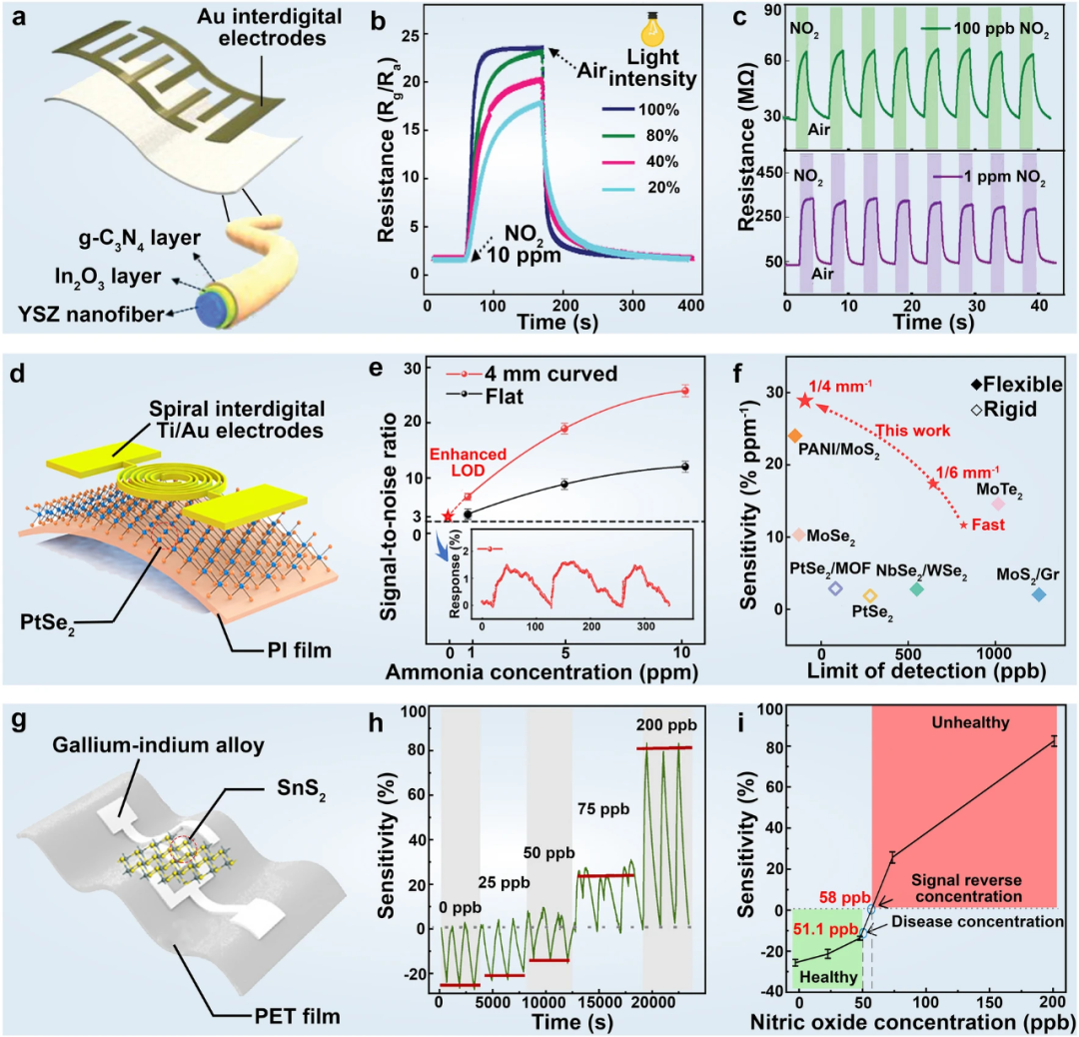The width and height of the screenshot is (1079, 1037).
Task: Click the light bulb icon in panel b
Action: pos(652,29)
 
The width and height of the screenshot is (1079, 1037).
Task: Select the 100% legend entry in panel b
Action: pos(640,110)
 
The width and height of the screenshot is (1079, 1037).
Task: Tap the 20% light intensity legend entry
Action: pos(640,187)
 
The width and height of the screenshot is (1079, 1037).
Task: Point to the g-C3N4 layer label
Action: pos(139,239)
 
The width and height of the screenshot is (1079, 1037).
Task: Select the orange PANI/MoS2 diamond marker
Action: pos(795,436)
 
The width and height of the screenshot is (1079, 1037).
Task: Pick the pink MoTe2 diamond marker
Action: pos(998,504)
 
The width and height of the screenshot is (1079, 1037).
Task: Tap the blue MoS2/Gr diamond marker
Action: pos(1039,593)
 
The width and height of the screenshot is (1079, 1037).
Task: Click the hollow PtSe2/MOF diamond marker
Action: pos(835,588)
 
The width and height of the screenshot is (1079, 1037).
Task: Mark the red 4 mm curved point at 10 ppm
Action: pos(684,391)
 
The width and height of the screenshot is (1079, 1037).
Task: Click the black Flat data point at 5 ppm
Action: pos(564,484)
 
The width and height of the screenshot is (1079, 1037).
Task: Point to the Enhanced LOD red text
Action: pos(468,462)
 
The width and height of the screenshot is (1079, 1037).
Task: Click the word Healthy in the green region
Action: pos(828,977)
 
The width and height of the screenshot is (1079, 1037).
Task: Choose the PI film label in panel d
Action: pos(300,649)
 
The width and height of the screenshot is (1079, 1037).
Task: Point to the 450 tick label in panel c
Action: pos(769,173)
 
